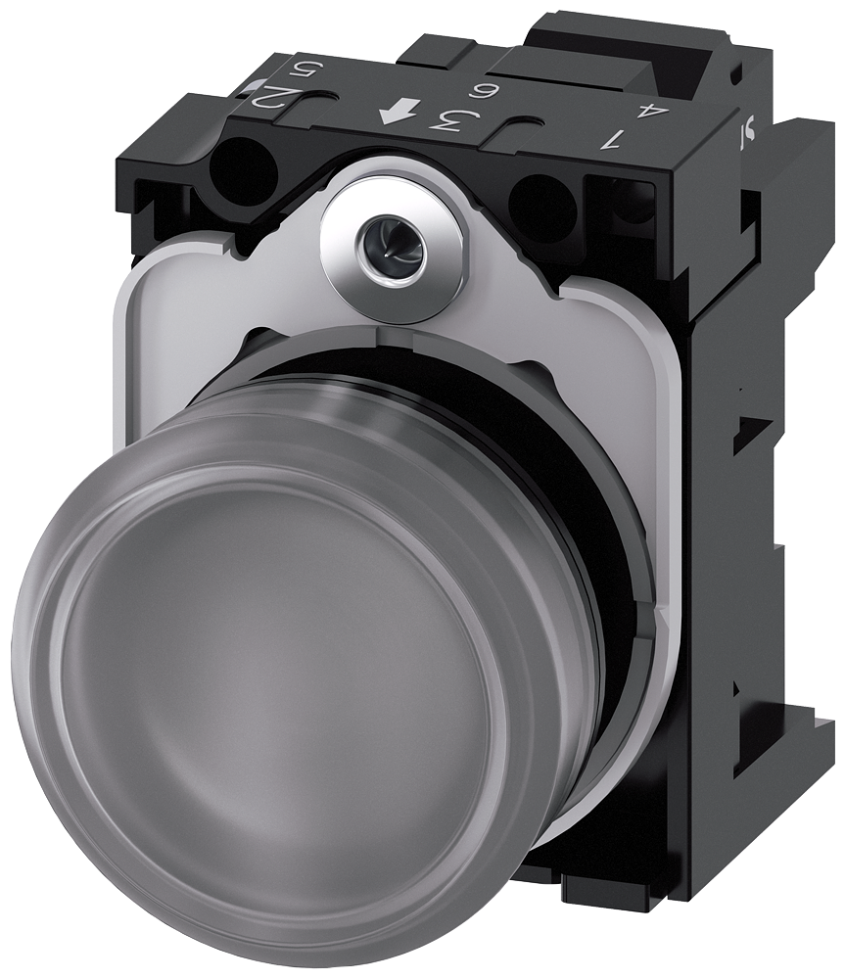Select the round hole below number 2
pyautogui.click(x=242, y=170)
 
